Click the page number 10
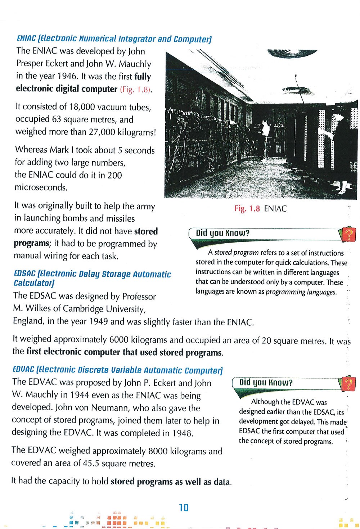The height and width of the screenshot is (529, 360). pos(184,508)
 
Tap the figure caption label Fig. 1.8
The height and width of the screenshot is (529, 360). pos(247,209)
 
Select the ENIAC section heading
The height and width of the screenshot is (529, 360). pos(114,39)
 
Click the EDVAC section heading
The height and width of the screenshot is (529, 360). pos(118,370)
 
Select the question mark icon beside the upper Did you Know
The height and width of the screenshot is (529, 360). pos(348,235)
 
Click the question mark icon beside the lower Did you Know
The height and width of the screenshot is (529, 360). pos(348,384)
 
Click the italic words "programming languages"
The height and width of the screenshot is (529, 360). pos(301,292)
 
